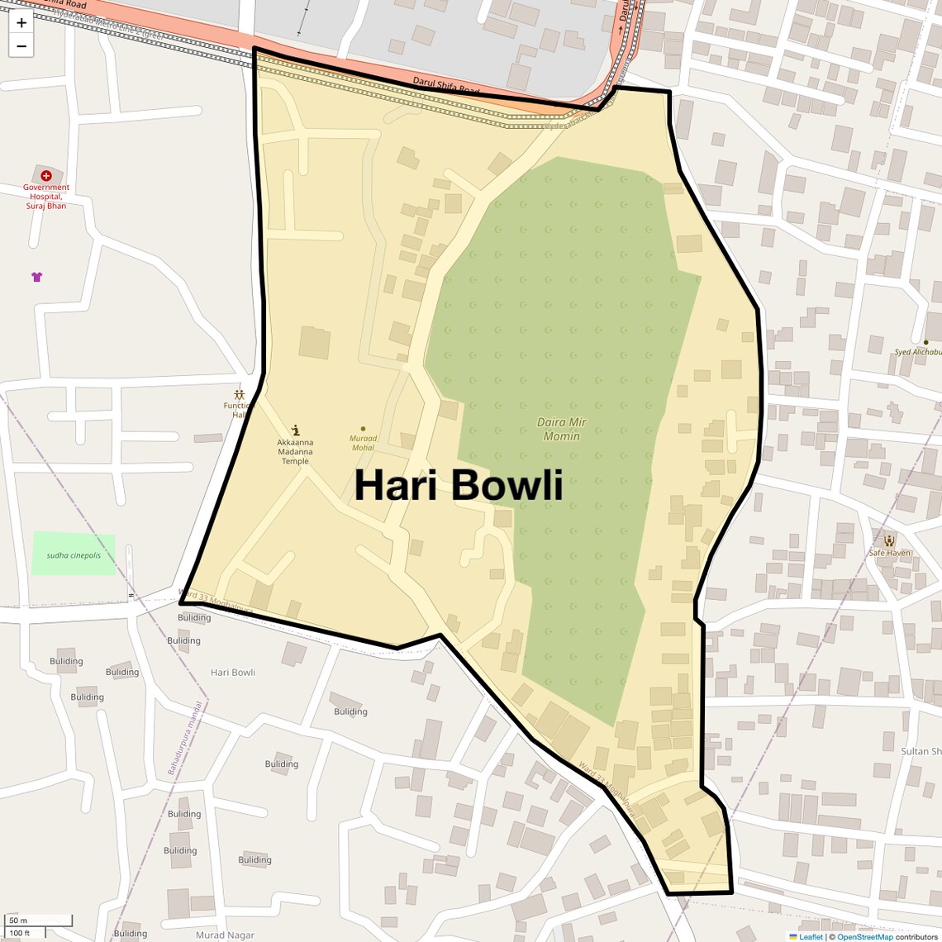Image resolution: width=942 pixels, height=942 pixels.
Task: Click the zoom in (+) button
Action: click(21, 23)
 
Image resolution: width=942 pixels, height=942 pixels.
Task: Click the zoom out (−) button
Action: click(21, 46)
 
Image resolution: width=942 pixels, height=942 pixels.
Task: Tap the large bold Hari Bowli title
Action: click(459, 485)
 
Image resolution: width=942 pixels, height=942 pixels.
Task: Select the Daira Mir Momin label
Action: click(562, 429)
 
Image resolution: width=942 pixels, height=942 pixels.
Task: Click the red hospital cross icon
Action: click(46, 175)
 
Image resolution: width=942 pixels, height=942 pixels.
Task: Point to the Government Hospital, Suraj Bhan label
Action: click(46, 197)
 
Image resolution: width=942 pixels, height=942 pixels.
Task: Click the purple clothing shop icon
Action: click(36, 277)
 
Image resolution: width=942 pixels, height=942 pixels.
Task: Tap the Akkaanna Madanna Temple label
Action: click(295, 452)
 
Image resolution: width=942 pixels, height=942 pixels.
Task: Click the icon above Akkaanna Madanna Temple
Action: click(296, 430)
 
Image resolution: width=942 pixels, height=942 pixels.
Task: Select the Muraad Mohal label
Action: click(363, 443)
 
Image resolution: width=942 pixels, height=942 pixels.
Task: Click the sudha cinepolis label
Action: click(74, 555)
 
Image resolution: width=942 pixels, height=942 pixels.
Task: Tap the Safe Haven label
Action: click(889, 553)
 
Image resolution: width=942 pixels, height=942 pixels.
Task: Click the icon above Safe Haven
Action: click(889, 540)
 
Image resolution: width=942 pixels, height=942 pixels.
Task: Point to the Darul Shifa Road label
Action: click(445, 86)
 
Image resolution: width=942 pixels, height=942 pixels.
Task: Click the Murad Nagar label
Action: click(225, 935)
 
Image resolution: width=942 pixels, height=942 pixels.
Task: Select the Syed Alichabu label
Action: click(918, 352)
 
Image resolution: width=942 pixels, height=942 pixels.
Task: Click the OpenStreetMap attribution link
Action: click(864, 937)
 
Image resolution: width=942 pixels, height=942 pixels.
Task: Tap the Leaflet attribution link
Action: click(811, 937)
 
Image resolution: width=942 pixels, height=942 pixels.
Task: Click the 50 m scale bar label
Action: click(18, 921)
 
